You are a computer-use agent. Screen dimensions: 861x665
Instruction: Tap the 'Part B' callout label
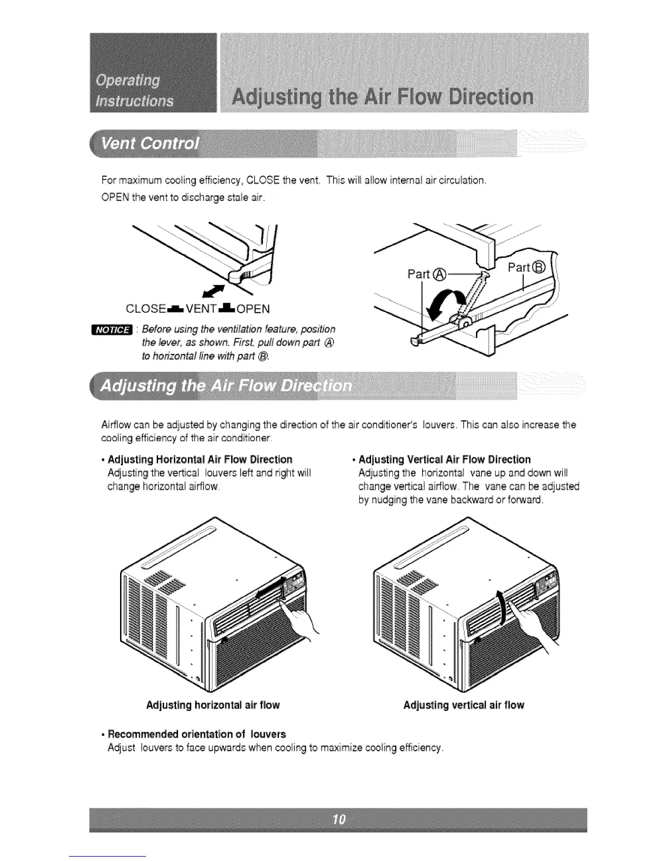pos(526,267)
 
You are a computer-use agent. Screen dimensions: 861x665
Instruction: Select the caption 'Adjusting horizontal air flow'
pos(213,706)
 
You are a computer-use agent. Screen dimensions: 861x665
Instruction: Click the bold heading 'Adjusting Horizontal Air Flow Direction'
pos(200,460)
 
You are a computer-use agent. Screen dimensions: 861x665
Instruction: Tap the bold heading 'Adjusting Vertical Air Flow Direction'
pos(444,460)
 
